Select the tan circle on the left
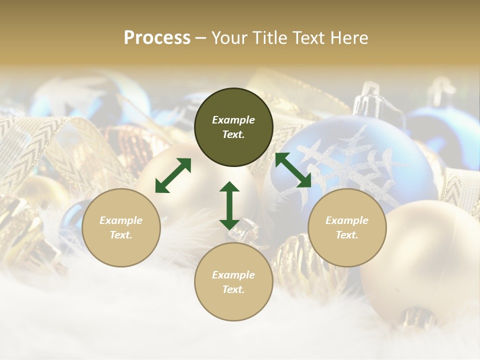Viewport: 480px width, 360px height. tap(121, 227)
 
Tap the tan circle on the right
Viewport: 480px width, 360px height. tap(347, 227)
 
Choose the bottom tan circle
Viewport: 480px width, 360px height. tap(233, 282)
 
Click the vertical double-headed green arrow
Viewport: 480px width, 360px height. tap(229, 205)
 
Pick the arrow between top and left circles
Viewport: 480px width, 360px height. tap(173, 175)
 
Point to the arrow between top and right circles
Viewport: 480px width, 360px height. tap(293, 170)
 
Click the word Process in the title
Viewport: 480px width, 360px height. tap(157, 38)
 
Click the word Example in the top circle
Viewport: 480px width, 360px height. tap(233, 120)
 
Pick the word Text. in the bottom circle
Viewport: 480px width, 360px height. tap(233, 289)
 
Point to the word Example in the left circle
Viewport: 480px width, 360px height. tap(121, 220)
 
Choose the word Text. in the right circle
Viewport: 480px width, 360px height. tap(347, 235)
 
